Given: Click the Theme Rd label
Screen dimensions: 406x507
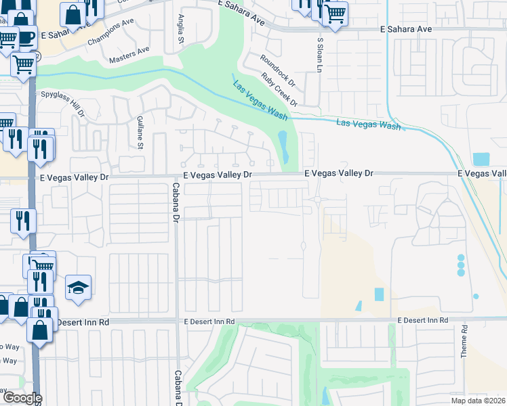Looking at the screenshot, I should [x=464, y=342].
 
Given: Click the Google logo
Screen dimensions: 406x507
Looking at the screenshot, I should [x=22, y=398].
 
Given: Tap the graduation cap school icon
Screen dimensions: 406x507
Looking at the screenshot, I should [x=78, y=288].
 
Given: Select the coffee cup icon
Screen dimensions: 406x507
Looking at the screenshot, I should [x=26, y=37].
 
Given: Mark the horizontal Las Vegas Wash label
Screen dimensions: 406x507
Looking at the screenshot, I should [x=369, y=125].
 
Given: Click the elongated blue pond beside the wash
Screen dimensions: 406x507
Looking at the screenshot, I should [x=283, y=146].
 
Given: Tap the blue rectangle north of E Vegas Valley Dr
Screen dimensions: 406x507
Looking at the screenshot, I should [x=481, y=160].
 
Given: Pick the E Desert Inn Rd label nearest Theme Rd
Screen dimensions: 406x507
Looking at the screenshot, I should [x=423, y=319].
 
